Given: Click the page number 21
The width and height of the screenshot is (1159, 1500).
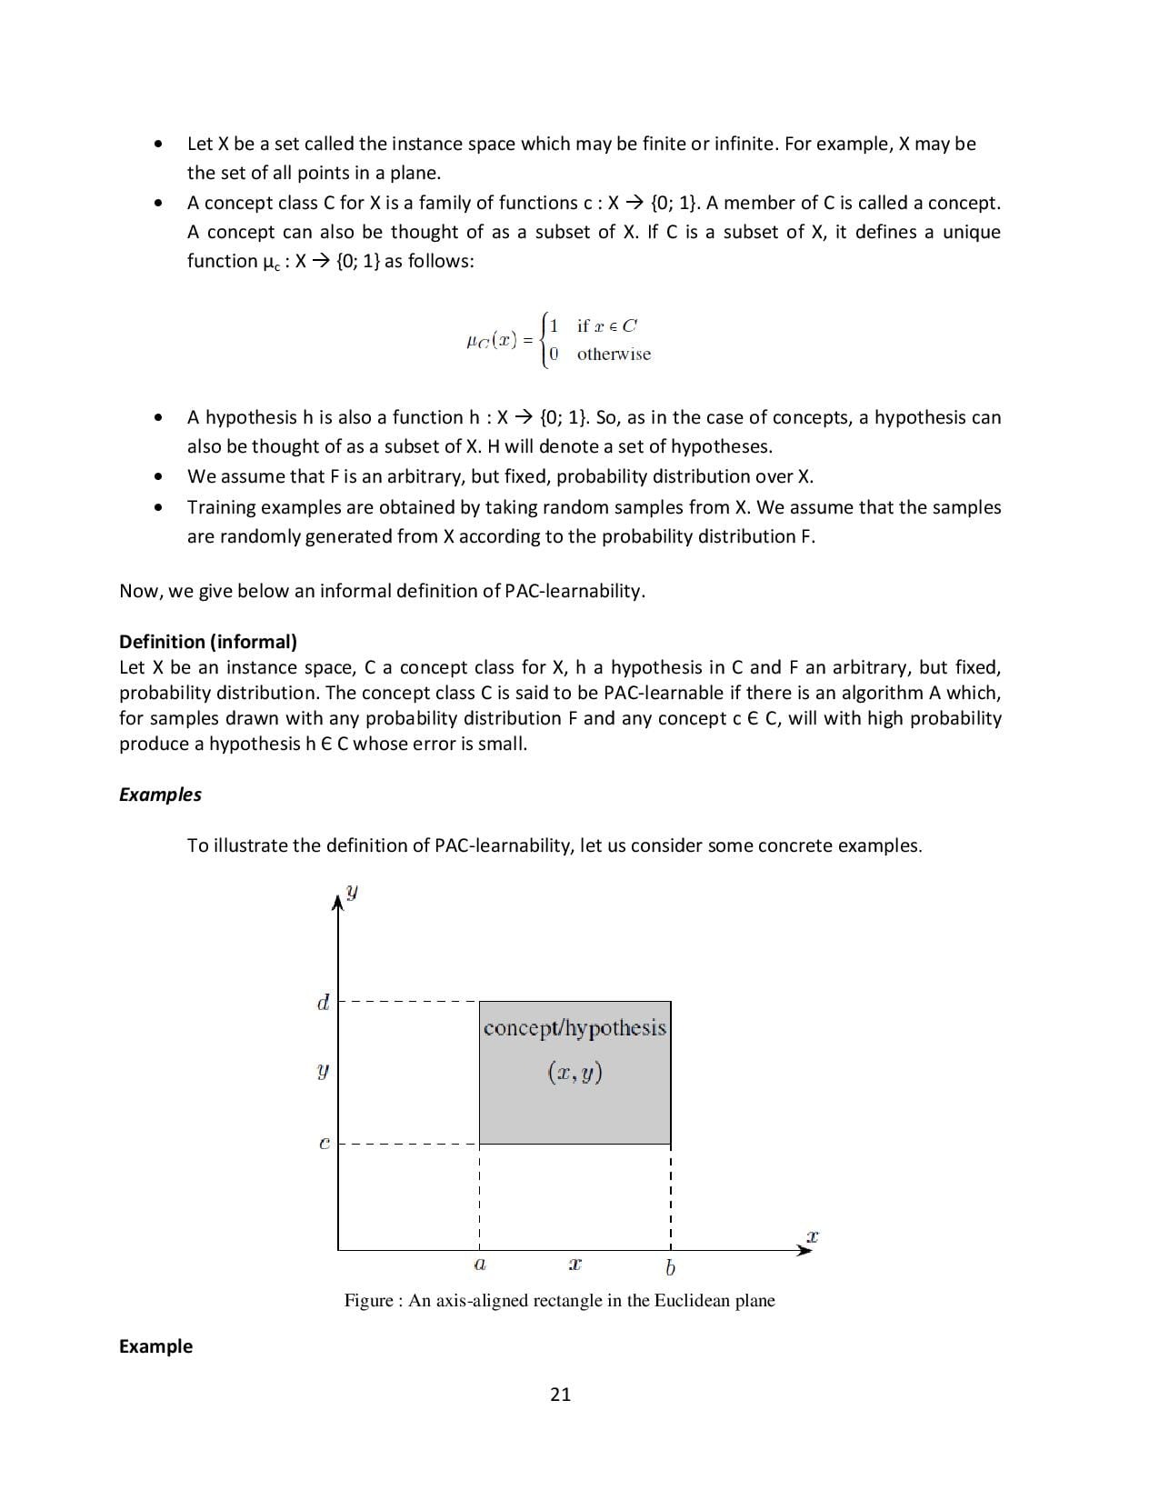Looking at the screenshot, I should pos(560,1395).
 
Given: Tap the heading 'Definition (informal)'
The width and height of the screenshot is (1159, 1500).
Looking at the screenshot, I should pos(207,642).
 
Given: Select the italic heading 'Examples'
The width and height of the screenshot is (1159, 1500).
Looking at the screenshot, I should pos(160,795).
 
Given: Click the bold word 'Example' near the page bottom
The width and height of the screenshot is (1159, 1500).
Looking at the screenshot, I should pos(155,1346).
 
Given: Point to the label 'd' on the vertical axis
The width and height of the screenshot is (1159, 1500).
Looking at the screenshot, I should pos(323,1003).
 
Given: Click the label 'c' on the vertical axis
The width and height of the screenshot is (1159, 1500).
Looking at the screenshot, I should pos(324,1144).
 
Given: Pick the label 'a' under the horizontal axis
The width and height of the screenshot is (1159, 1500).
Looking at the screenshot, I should pos(480,1265).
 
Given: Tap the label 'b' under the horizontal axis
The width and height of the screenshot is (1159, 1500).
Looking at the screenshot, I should pos(670,1267).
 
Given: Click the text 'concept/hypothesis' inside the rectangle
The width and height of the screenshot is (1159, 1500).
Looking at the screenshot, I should pos(575,1028).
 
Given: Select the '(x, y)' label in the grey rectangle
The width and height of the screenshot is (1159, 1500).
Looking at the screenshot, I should pos(575,1073).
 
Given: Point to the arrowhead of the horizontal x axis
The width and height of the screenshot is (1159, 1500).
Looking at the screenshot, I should pos(804,1250).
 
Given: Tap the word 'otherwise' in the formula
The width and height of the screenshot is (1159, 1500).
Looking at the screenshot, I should pos(614,355).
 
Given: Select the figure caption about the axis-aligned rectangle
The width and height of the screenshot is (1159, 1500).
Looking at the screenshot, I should pos(559,1301).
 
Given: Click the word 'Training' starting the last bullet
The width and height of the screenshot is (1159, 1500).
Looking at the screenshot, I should pos(219,507).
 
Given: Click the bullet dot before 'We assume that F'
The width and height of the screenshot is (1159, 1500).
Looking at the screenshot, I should pos(159,476).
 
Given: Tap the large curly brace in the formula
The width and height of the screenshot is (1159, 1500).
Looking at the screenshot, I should pos(545,340).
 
